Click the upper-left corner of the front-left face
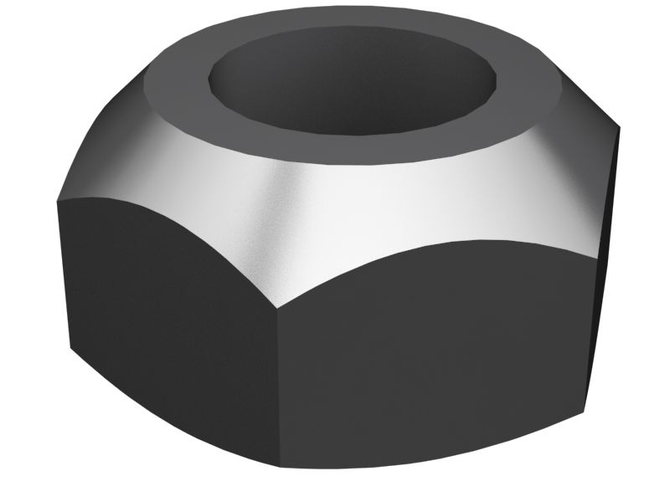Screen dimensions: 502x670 tap(58, 202)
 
